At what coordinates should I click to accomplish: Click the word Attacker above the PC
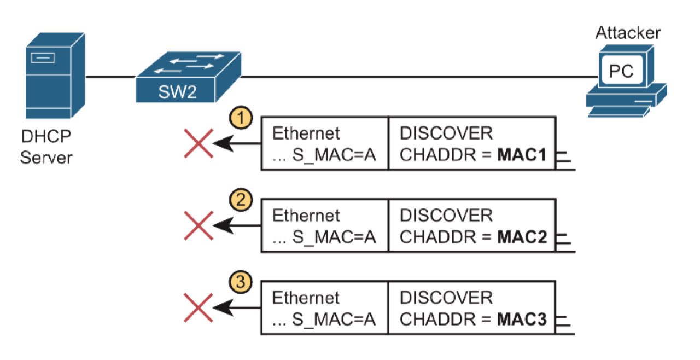[x=627, y=32]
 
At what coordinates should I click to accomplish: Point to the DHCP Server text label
[x=46, y=147]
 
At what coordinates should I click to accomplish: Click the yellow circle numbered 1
[x=241, y=118]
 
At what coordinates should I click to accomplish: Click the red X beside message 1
[x=198, y=143]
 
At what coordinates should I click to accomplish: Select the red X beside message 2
[x=198, y=225]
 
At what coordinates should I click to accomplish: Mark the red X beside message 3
[x=198, y=308]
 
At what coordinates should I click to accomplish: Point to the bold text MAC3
[x=522, y=320]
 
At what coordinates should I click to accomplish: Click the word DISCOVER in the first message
[x=446, y=133]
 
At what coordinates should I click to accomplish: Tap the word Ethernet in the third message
[x=306, y=298]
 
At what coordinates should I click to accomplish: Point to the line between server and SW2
[x=110, y=77]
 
